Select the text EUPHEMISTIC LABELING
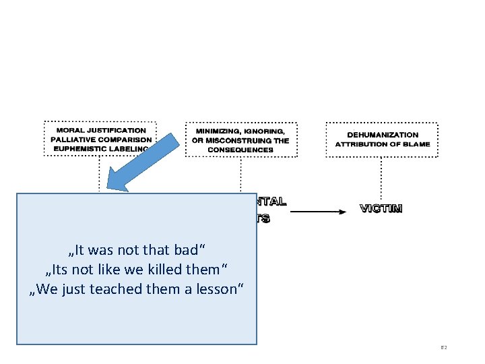click(x=100, y=149)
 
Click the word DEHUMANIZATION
click(x=382, y=135)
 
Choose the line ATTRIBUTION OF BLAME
click(x=382, y=144)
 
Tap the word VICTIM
click(x=381, y=209)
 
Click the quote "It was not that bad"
click(x=137, y=250)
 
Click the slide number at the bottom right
click(x=444, y=348)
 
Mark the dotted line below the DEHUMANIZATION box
click(x=381, y=175)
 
